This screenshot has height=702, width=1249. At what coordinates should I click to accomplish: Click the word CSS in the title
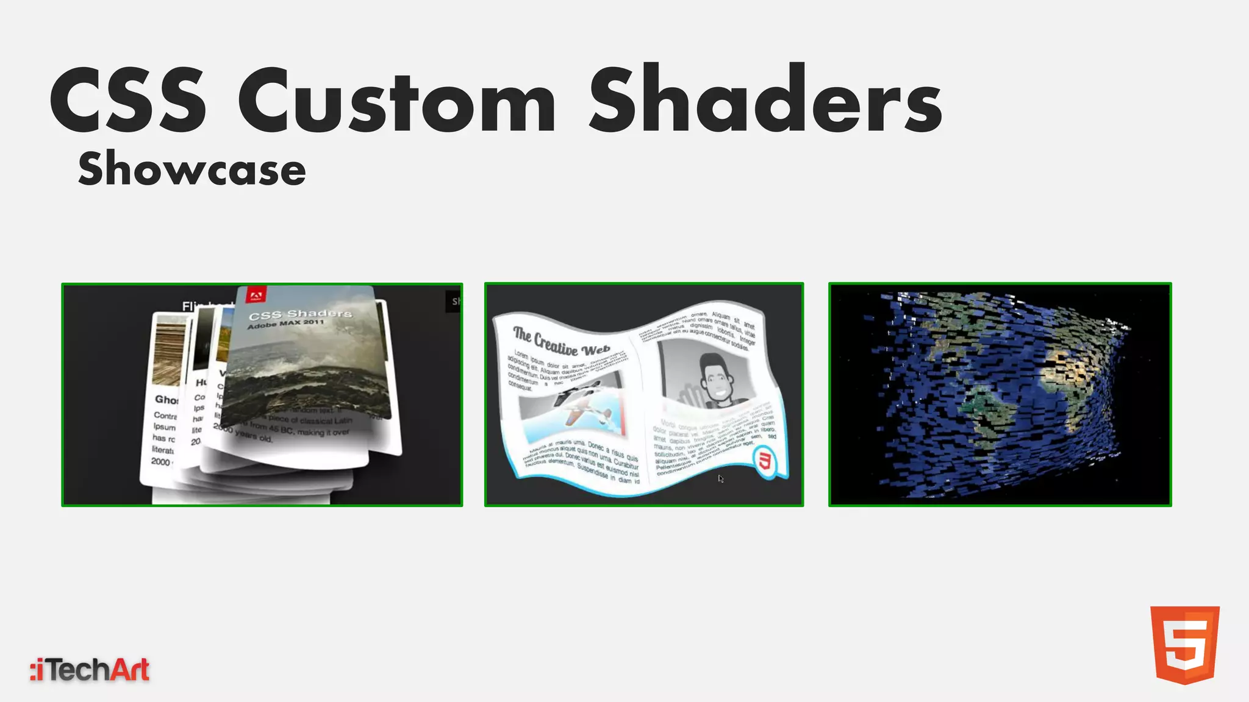pyautogui.click(x=128, y=101)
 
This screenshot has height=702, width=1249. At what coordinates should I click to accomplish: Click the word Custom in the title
pyautogui.click(x=396, y=101)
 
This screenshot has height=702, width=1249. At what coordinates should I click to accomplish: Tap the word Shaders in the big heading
pyautogui.click(x=765, y=101)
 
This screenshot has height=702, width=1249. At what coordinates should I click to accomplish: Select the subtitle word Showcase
pyautogui.click(x=192, y=169)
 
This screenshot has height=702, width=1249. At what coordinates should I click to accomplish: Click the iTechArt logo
pyautogui.click(x=90, y=670)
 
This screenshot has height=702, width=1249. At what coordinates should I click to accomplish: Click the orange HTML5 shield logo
pyautogui.click(x=1184, y=645)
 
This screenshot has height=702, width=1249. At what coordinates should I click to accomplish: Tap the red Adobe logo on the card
pyautogui.click(x=255, y=296)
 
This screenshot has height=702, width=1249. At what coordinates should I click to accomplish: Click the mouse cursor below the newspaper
pyautogui.click(x=720, y=479)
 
